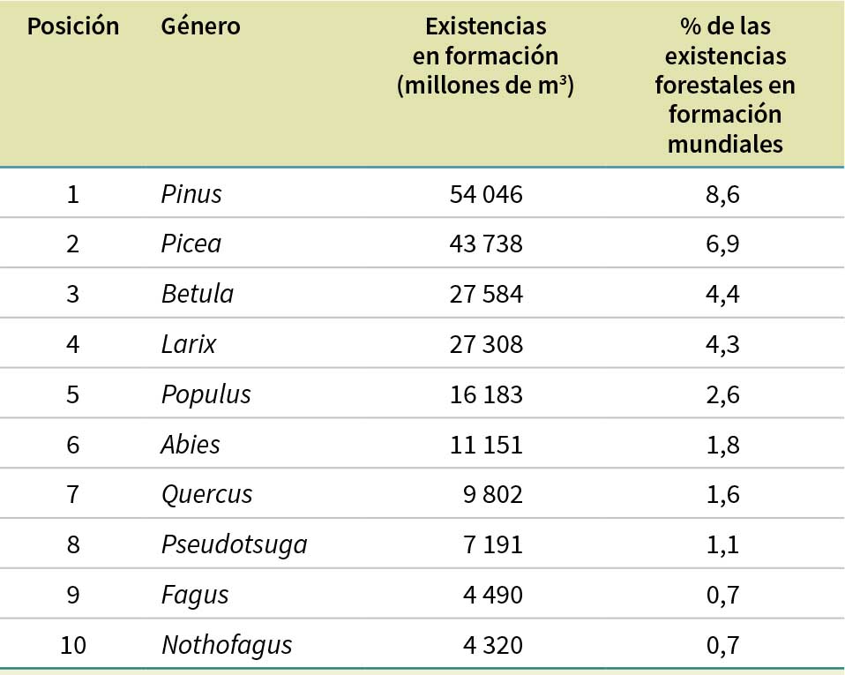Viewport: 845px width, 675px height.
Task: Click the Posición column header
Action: (x=72, y=26)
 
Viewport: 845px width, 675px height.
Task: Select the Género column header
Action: (x=200, y=26)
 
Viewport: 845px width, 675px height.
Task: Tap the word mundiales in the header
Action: (x=725, y=144)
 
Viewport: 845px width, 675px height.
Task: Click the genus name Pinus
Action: (x=191, y=193)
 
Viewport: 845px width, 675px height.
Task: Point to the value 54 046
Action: (x=486, y=193)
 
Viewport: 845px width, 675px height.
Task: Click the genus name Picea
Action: (x=191, y=244)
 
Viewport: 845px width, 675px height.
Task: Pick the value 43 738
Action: (x=486, y=244)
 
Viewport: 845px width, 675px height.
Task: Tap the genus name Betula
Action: (x=198, y=294)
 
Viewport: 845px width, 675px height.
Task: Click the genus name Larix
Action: (x=189, y=344)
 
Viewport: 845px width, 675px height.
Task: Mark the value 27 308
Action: (x=486, y=344)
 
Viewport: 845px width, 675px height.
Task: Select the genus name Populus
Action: (x=206, y=394)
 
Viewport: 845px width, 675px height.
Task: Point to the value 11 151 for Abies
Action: (x=486, y=445)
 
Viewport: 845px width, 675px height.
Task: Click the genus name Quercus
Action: (x=207, y=495)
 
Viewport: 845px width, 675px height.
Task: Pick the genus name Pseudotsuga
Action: (x=235, y=545)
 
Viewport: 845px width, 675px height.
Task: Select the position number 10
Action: (x=72, y=646)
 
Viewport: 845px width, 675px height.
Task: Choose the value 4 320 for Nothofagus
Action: (x=492, y=646)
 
